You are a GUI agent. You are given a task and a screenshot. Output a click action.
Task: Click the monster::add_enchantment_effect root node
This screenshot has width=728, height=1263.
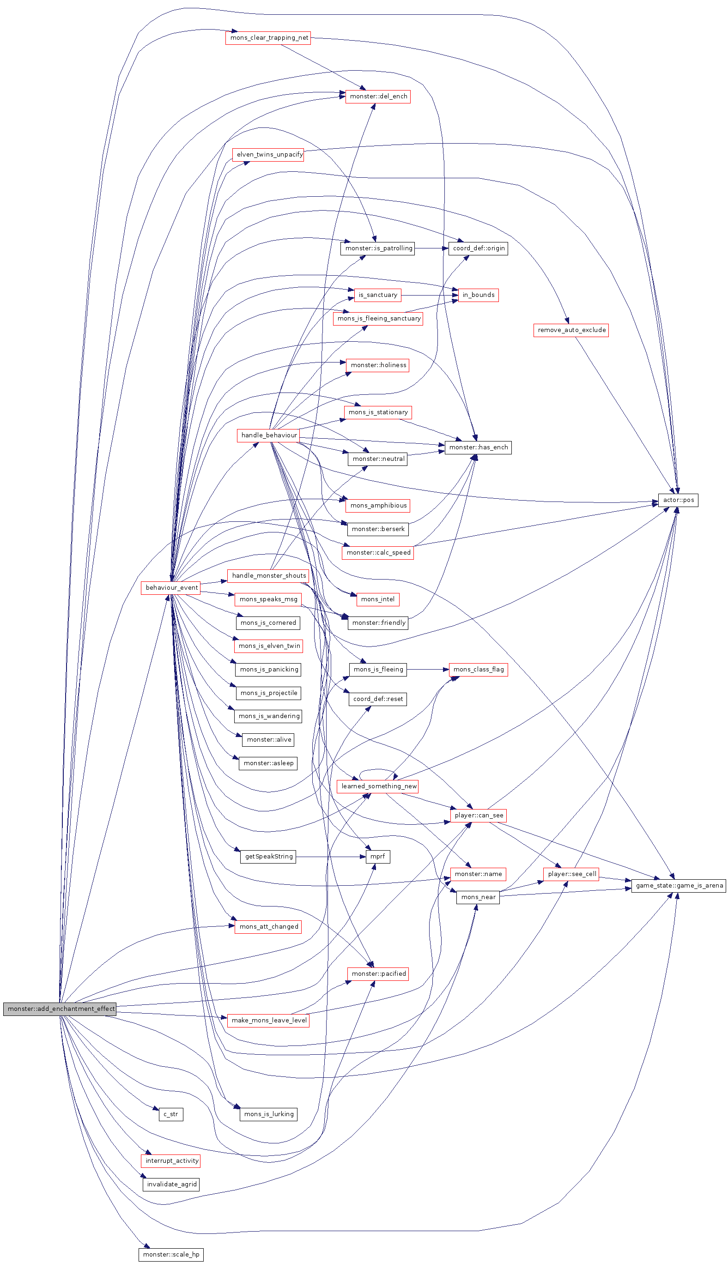(60, 1009)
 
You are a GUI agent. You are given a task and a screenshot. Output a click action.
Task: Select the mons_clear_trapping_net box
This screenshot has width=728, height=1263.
(268, 38)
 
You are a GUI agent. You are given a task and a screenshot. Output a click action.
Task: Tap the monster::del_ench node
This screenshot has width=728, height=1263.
(378, 97)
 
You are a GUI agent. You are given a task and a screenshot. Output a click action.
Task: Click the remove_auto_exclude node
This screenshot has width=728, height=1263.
(571, 330)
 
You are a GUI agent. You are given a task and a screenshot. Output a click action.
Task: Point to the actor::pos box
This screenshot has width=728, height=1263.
(678, 500)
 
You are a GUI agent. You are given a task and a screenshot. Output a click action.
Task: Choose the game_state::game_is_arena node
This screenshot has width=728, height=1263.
(679, 886)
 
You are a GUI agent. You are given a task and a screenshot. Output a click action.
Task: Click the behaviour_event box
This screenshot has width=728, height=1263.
(171, 588)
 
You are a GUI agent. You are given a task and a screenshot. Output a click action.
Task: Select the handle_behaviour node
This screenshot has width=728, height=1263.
(268, 435)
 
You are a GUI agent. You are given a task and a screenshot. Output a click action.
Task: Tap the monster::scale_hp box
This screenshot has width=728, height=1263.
(171, 1255)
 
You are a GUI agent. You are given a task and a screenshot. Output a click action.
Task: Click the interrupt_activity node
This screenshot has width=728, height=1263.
(171, 1161)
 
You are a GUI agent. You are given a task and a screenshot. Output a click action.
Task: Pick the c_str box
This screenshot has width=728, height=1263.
(171, 1114)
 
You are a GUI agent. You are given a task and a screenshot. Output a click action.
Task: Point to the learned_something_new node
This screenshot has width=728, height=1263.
(378, 786)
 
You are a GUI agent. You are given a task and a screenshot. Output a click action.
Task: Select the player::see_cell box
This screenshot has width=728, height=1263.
(571, 874)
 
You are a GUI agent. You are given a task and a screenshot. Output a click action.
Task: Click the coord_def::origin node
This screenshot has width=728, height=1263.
(478, 248)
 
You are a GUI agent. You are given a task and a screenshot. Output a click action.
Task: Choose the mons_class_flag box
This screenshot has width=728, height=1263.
(478, 670)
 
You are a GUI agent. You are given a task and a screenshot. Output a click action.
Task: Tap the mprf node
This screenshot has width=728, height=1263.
(377, 857)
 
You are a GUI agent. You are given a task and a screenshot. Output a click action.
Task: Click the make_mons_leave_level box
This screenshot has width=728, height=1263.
(268, 1020)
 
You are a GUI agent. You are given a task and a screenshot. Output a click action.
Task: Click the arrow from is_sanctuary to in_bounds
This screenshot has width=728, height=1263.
(429, 296)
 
